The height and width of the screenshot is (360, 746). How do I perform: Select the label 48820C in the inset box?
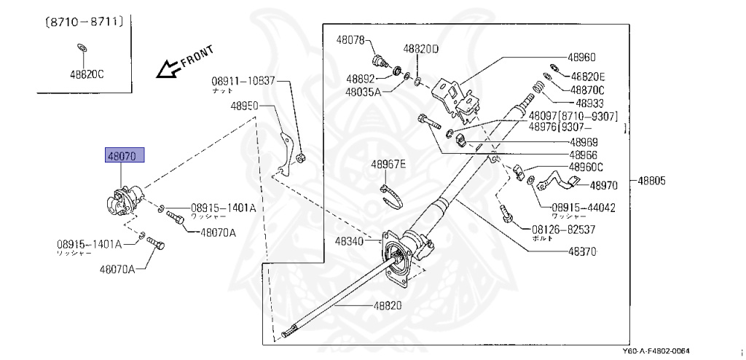[x=87, y=73]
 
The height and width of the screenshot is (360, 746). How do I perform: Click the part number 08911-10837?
[x=243, y=80]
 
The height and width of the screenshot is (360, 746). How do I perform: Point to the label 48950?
[x=245, y=106]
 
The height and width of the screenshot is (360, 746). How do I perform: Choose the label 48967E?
[x=388, y=165]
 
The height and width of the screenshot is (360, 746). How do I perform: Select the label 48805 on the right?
[x=654, y=181]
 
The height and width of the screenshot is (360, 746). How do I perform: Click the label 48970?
[x=604, y=186]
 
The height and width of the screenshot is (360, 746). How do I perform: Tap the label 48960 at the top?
[x=582, y=56]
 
